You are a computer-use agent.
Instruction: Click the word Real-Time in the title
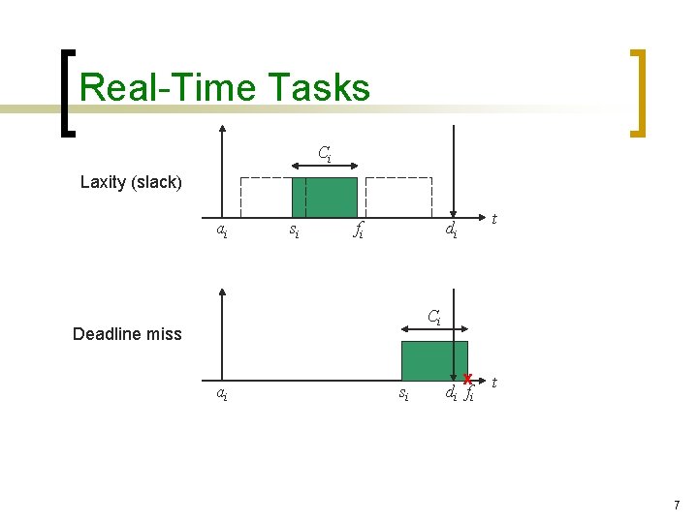click(159, 88)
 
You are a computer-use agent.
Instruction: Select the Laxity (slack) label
click(131, 182)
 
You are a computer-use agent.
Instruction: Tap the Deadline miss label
click(127, 334)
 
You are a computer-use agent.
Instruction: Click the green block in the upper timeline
click(325, 198)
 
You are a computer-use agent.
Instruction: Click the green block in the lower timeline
click(434, 360)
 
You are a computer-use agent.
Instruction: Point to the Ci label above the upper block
click(325, 153)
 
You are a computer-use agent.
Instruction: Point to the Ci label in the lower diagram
click(434, 316)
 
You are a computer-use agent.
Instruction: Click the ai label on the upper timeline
click(222, 231)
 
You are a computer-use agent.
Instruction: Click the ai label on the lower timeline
click(222, 393)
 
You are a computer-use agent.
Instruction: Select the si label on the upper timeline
click(292, 231)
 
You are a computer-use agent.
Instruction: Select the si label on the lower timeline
click(404, 393)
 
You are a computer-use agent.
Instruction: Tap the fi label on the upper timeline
click(358, 231)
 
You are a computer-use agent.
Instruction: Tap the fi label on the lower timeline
click(469, 393)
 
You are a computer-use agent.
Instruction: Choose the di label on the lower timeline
click(451, 393)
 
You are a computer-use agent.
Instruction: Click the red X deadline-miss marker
click(467, 379)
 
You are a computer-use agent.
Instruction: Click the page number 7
click(677, 506)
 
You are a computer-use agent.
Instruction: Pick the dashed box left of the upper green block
click(266, 198)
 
